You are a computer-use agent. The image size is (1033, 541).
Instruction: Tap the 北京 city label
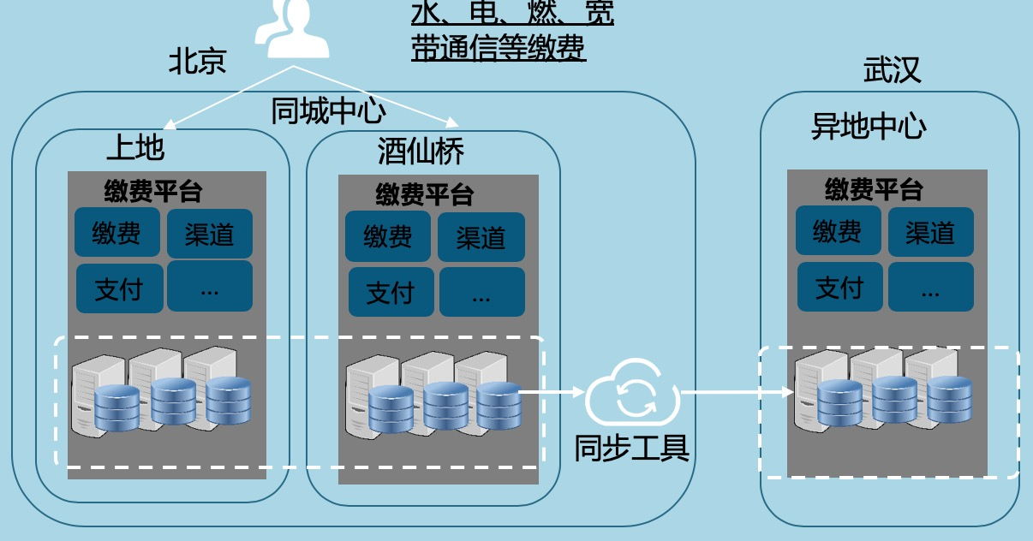[197, 62]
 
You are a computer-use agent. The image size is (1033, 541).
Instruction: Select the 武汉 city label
[892, 70]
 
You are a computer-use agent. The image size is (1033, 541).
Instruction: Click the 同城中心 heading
[328, 111]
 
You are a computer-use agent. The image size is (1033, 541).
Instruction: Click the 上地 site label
[134, 148]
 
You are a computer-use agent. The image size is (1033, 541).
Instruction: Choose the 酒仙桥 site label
[421, 152]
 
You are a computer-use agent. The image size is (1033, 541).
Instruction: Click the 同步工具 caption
[632, 447]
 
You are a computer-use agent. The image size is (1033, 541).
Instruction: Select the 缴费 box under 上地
[117, 233]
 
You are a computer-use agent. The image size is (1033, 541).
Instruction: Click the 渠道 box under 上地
[210, 234]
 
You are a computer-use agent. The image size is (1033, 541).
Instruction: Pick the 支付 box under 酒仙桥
[390, 293]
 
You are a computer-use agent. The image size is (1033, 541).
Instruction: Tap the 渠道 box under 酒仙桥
[481, 237]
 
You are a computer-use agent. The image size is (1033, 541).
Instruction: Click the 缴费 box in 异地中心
[838, 231]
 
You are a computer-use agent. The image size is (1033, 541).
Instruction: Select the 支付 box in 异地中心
[839, 287]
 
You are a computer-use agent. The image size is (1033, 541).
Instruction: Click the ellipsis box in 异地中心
[930, 287]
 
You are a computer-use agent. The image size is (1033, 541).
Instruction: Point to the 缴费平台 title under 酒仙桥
[424, 195]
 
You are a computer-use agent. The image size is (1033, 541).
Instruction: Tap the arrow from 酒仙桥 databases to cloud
[552, 394]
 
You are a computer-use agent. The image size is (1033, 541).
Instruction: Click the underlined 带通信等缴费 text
[499, 49]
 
